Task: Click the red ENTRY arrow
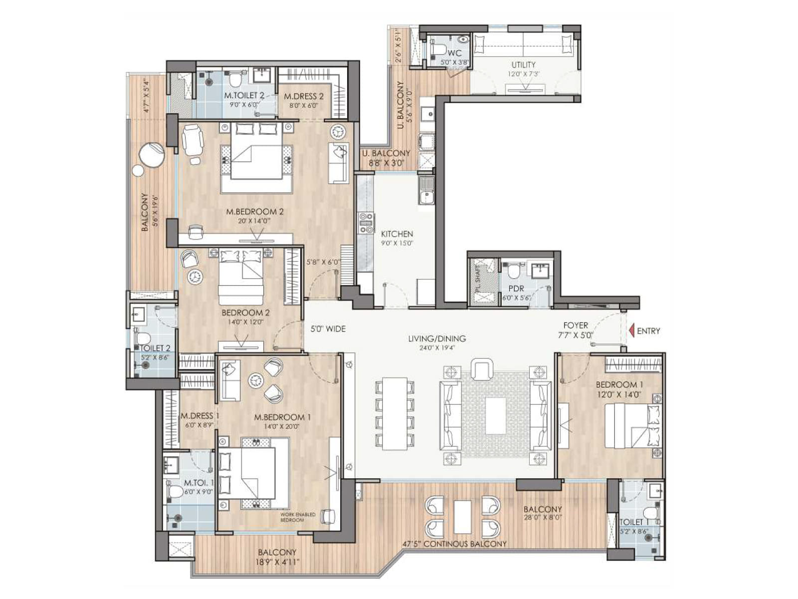[631, 330]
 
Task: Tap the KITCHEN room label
[397, 234]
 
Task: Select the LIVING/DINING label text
[437, 338]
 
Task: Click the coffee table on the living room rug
[496, 415]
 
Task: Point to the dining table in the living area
[395, 412]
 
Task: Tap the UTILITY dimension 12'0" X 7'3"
[524, 73]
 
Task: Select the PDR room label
[516, 289]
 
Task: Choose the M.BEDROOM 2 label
[255, 212]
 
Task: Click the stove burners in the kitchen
[366, 223]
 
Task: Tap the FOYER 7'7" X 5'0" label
[576, 330]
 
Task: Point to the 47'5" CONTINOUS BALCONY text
[454, 544]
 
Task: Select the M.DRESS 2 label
[304, 96]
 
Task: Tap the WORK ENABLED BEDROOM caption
[298, 517]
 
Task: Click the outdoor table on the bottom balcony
[462, 516]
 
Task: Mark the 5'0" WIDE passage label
[328, 329]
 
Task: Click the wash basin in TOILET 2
[138, 315]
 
